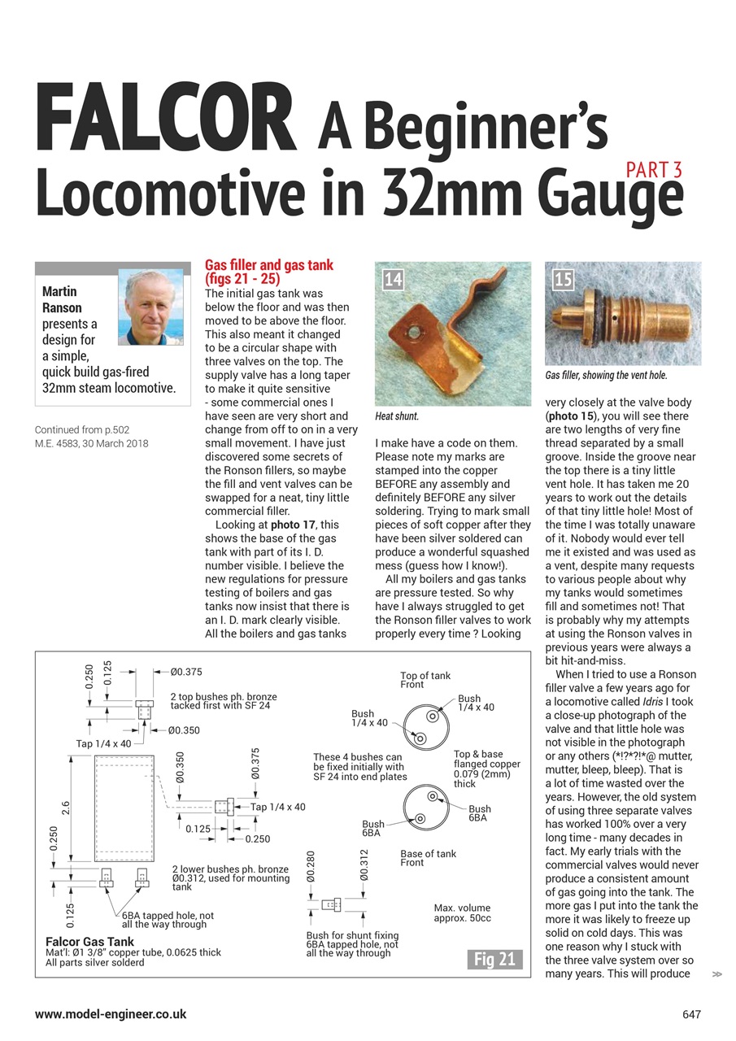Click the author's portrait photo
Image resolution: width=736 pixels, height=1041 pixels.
pyautogui.click(x=150, y=307)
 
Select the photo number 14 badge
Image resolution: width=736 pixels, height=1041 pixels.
pyautogui.click(x=393, y=280)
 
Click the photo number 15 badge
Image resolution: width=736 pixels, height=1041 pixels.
pyautogui.click(x=563, y=280)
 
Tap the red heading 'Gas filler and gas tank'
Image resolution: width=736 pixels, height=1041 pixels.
pyautogui.click(x=268, y=266)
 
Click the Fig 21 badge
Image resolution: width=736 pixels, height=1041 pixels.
pyautogui.click(x=495, y=959)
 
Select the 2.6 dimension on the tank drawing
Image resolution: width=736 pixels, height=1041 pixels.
pyautogui.click(x=66, y=808)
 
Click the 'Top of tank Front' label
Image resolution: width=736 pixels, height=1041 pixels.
pyautogui.click(x=425, y=681)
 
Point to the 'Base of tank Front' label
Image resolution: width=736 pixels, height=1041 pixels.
pyautogui.click(x=428, y=858)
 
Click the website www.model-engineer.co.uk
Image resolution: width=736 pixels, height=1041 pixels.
pyautogui.click(x=111, y=1014)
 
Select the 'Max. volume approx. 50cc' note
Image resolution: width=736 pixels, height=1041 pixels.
pyautogui.click(x=462, y=913)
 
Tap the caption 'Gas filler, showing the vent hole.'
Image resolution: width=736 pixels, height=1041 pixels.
pyautogui.click(x=606, y=376)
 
